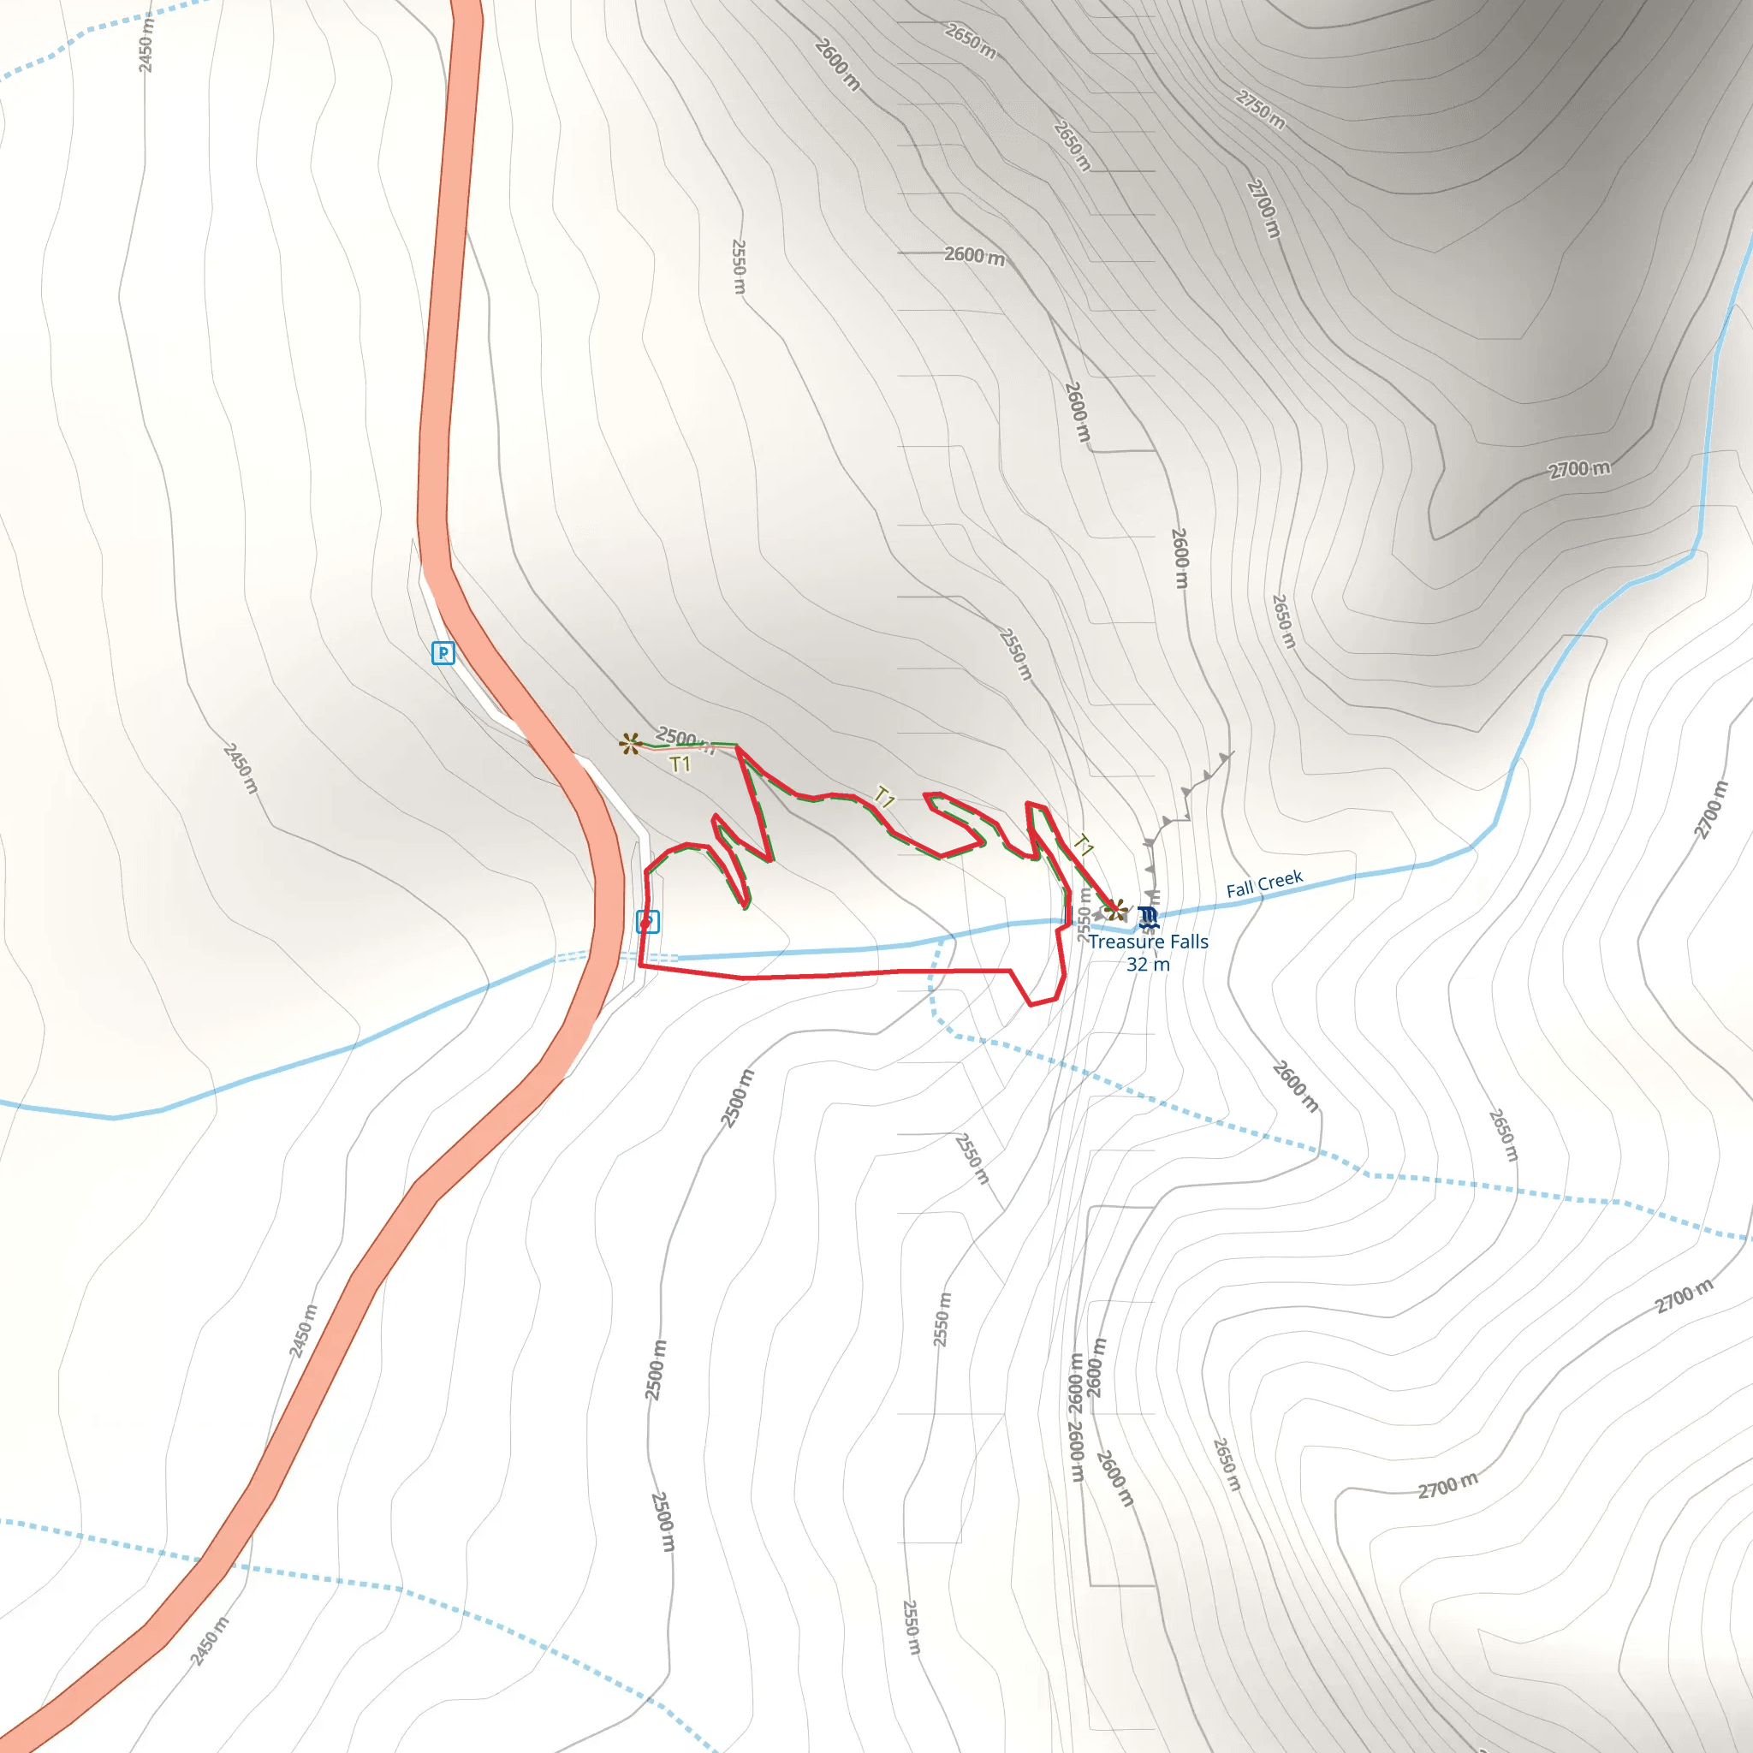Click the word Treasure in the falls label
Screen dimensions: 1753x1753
(x=1124, y=942)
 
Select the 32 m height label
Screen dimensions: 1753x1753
(x=1148, y=965)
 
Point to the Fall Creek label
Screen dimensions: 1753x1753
(x=1264, y=882)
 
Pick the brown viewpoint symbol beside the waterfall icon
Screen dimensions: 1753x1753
(x=1117, y=909)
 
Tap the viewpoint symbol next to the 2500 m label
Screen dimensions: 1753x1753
(x=631, y=744)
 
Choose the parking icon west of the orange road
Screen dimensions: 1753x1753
(x=443, y=652)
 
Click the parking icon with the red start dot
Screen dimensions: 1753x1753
(x=647, y=921)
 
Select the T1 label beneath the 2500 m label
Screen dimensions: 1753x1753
(x=680, y=765)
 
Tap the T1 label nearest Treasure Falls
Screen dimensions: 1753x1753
(x=1084, y=846)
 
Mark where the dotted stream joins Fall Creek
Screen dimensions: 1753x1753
(x=941, y=940)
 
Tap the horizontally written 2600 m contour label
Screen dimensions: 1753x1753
(x=974, y=256)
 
